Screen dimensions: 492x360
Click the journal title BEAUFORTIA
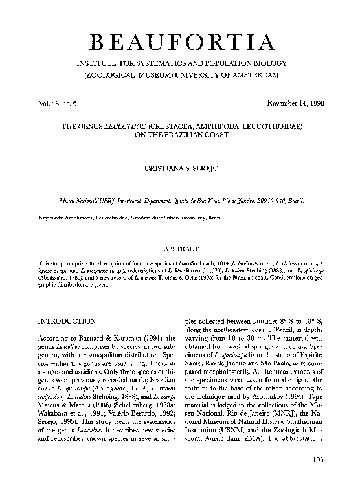tap(180, 43)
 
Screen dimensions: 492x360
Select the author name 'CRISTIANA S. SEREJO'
tap(179, 168)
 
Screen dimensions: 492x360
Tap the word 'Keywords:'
tap(54, 218)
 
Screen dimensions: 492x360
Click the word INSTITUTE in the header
tap(101, 65)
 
